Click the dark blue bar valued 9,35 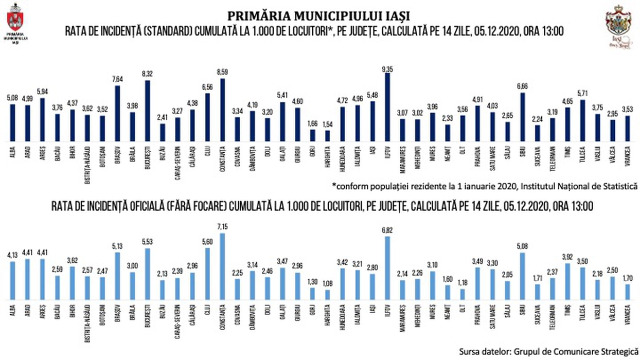[x=387, y=107]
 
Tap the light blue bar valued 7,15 [x=223, y=266]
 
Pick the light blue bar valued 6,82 [x=387, y=267]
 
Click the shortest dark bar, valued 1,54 [x=327, y=136]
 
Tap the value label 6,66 [x=522, y=87]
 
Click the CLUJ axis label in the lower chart [x=207, y=310]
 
